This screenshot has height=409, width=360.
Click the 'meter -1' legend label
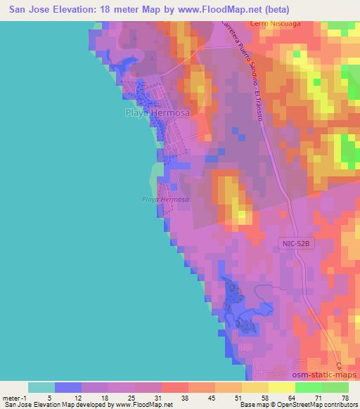(15, 398)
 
